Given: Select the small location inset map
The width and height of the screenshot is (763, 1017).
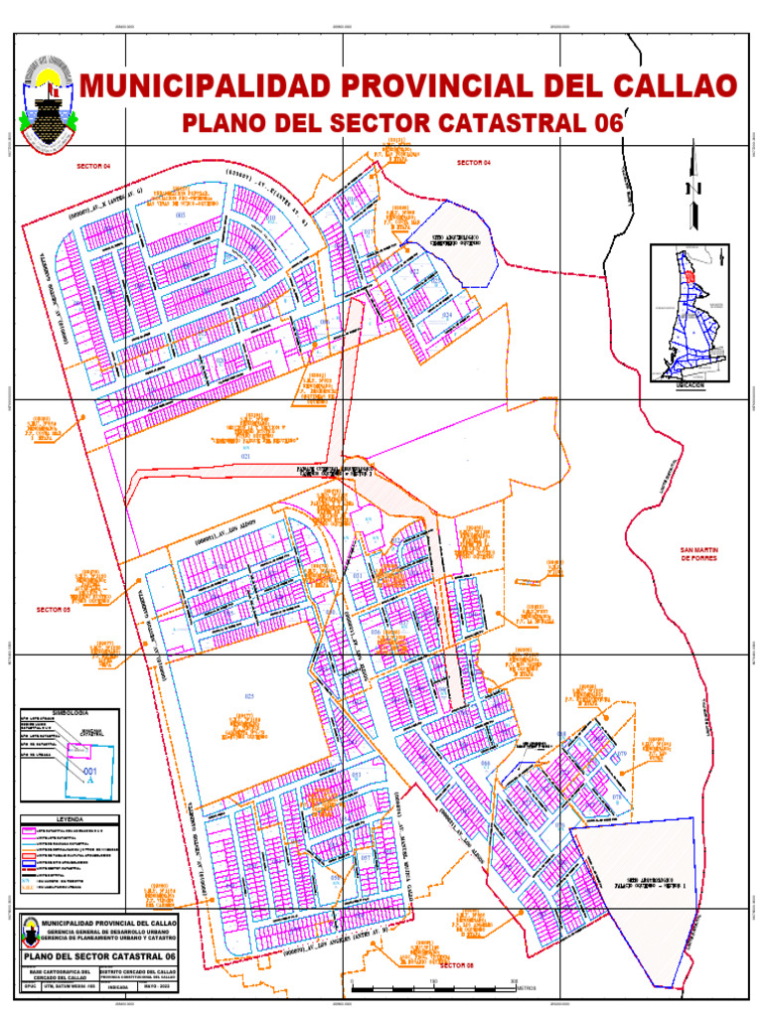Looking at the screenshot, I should [689, 312].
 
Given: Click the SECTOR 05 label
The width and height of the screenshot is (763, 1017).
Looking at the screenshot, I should [54, 609].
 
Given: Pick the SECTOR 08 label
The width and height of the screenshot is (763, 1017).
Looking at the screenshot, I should [458, 965].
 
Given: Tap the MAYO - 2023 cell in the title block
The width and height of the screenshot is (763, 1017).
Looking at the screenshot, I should [154, 987].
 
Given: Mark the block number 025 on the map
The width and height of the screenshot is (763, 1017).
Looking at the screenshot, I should [248, 696].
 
